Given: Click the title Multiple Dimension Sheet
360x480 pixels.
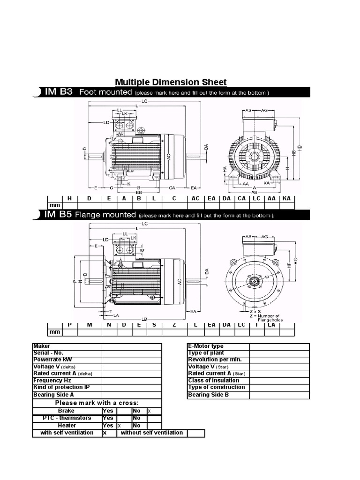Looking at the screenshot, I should (171, 82).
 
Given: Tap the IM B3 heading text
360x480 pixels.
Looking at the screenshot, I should (58, 92).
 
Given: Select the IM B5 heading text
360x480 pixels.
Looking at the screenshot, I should (58, 215).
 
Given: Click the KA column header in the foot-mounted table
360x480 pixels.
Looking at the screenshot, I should (287, 198).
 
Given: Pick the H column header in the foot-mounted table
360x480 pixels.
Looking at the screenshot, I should (69, 198).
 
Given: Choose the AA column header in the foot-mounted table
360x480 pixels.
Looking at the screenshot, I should (271, 198).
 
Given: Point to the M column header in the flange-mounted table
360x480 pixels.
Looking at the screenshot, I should (89, 325).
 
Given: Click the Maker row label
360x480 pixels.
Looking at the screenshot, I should (42, 346).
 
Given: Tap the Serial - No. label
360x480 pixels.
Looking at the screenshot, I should (48, 352).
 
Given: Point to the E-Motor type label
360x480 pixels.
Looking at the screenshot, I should (206, 346).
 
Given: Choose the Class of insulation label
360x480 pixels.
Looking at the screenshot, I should (213, 381).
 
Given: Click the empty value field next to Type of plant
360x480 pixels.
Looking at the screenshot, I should (279, 353).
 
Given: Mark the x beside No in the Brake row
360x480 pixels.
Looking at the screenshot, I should (150, 411).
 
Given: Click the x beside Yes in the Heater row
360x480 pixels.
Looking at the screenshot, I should (119, 426).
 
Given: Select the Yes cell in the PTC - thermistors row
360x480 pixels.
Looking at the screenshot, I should (108, 418).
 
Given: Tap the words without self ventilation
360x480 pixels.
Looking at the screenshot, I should (152, 433).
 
